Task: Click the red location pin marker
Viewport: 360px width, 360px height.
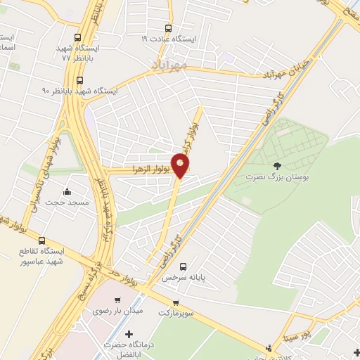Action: (x=181, y=167)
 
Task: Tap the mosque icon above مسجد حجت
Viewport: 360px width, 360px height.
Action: (x=67, y=191)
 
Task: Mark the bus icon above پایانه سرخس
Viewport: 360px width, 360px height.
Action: (x=183, y=266)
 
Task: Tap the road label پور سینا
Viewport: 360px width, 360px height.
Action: (x=313, y=329)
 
